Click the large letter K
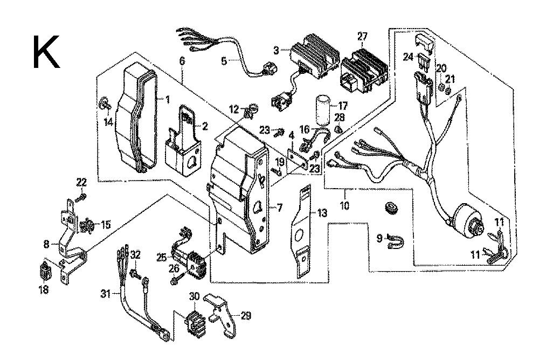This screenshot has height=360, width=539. click(x=46, y=52)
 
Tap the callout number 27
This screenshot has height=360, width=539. click(x=363, y=37)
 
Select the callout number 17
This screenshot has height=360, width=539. click(x=343, y=106)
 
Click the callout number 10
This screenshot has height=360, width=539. click(x=345, y=206)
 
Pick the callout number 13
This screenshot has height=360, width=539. click(x=322, y=214)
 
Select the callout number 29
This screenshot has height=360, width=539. click(x=246, y=316)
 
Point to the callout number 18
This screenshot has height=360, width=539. click(x=43, y=290)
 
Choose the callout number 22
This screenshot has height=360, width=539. click(x=81, y=182)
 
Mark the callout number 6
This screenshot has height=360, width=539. click(x=182, y=61)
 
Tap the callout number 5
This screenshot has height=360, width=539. click(x=224, y=61)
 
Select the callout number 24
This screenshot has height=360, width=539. click(x=409, y=56)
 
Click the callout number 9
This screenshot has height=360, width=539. click(x=379, y=237)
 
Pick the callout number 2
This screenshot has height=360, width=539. click(x=205, y=127)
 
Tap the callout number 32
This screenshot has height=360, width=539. click(x=135, y=255)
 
